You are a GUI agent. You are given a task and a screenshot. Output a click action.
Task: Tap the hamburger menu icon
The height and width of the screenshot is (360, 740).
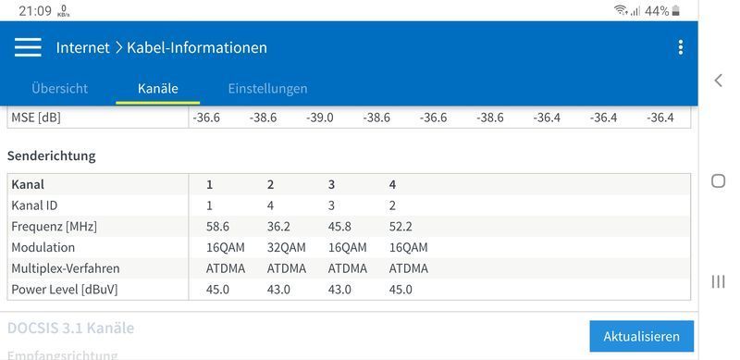coord(28,47)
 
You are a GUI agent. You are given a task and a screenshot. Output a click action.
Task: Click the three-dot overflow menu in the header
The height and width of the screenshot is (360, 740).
coord(681,47)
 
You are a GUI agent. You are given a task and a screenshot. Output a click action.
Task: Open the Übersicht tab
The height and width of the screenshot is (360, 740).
coord(59,89)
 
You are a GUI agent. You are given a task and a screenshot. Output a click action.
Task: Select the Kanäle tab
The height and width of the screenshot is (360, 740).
coord(157,89)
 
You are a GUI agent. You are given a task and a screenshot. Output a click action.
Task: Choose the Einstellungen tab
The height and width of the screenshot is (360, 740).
coord(267,89)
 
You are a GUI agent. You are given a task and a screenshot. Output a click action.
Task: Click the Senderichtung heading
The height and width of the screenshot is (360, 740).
coord(51,155)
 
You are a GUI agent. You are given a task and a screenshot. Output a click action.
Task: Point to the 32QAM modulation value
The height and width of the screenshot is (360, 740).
coord(286,247)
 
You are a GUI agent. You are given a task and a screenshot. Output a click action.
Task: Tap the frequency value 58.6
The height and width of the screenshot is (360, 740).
coord(217,226)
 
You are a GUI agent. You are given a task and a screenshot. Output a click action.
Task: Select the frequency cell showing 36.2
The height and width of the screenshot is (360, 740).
coord(278,226)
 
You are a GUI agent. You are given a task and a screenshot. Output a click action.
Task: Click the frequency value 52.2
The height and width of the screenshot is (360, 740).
coord(401,226)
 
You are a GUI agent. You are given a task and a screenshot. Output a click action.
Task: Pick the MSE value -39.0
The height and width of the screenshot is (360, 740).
coord(320,118)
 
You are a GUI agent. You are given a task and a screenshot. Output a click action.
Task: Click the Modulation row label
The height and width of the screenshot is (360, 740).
coord(43,247)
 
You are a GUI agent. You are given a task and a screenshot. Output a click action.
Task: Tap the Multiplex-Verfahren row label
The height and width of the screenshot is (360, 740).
coord(65,268)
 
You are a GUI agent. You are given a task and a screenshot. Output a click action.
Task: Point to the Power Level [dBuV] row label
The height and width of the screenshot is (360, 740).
coord(64,290)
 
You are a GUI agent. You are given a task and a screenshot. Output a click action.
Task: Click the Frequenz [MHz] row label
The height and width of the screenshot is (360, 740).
coord(54,226)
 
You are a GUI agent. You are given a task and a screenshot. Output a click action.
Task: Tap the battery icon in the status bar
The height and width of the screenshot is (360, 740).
coord(676,10)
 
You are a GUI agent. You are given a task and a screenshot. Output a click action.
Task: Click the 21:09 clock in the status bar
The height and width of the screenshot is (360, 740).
coord(34,10)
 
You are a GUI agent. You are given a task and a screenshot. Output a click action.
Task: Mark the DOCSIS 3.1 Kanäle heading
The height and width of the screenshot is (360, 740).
coord(70,328)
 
